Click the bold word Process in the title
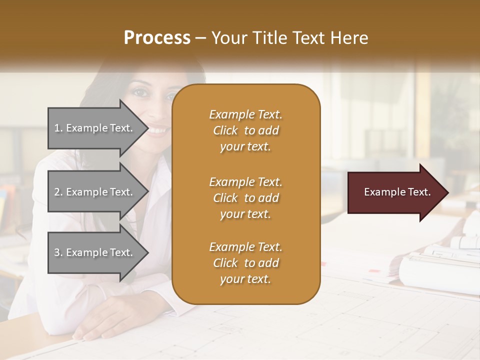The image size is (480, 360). (x=157, y=38)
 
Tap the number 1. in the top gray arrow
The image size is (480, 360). (x=58, y=128)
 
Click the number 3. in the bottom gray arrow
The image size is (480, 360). (x=58, y=252)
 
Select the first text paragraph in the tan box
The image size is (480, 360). (x=245, y=130)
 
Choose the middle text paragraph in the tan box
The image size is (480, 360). (x=245, y=198)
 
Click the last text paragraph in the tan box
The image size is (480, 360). (x=245, y=263)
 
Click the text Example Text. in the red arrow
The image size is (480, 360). (x=397, y=192)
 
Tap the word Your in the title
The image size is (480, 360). (x=228, y=38)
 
